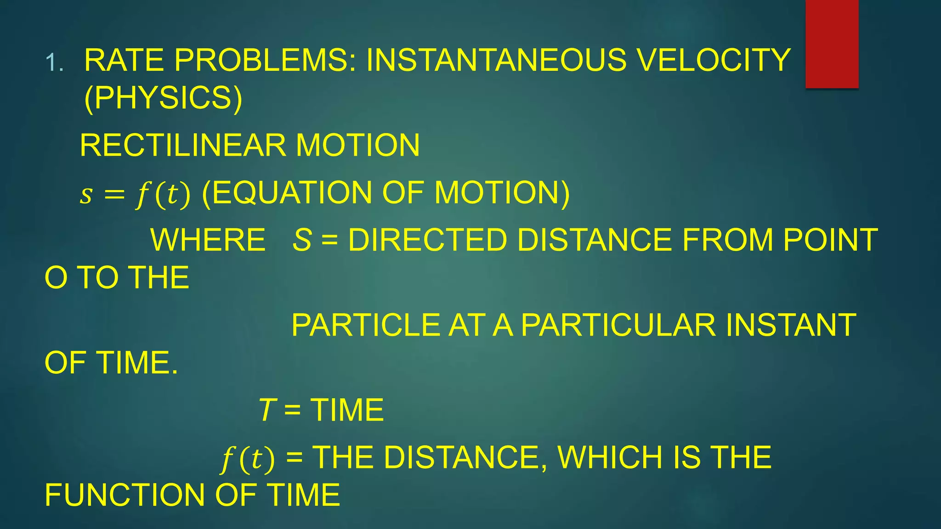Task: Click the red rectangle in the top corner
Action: click(x=832, y=44)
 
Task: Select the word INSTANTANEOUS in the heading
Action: click(x=496, y=60)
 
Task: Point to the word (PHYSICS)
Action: click(x=163, y=98)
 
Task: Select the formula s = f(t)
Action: click(x=135, y=194)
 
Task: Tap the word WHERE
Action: click(x=208, y=240)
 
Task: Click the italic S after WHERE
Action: click(x=302, y=240)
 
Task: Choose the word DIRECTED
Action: click(x=427, y=240)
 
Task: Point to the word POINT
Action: click(x=830, y=240)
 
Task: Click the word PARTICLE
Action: click(x=366, y=325)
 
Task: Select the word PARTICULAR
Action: click(x=618, y=325)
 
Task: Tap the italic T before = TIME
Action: click(x=266, y=410)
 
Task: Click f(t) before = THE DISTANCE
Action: click(x=248, y=459)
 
